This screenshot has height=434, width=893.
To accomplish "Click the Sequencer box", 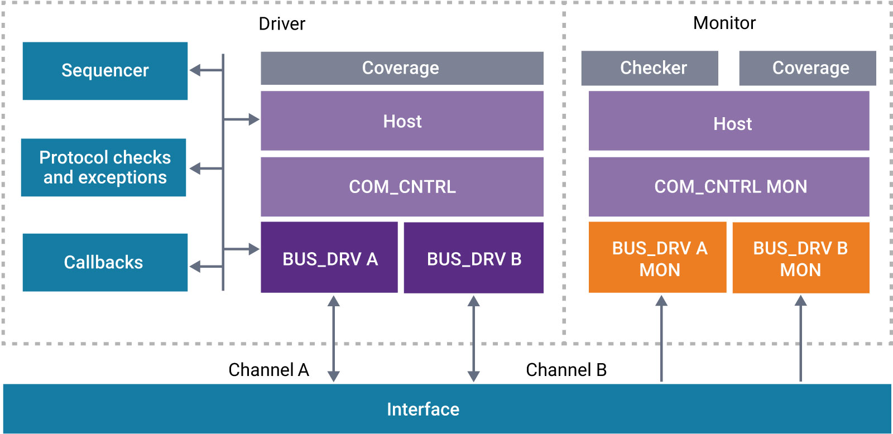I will (x=105, y=71).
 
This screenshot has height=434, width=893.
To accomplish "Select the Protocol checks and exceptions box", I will (x=104, y=167).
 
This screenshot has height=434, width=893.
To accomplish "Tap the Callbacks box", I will (x=105, y=262).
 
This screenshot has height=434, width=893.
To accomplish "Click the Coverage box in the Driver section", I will (x=402, y=68).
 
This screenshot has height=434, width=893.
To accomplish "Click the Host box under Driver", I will (x=402, y=121).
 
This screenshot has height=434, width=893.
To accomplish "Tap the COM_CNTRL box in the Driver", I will (x=402, y=186).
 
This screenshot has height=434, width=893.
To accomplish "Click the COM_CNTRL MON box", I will (x=729, y=186).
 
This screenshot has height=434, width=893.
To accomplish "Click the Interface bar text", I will (x=423, y=409).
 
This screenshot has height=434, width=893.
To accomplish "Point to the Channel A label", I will (x=268, y=370).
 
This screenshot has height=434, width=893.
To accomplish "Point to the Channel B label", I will (x=566, y=370).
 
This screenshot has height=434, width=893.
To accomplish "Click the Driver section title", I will (x=282, y=24).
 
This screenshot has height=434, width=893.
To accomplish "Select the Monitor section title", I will (x=724, y=23).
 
